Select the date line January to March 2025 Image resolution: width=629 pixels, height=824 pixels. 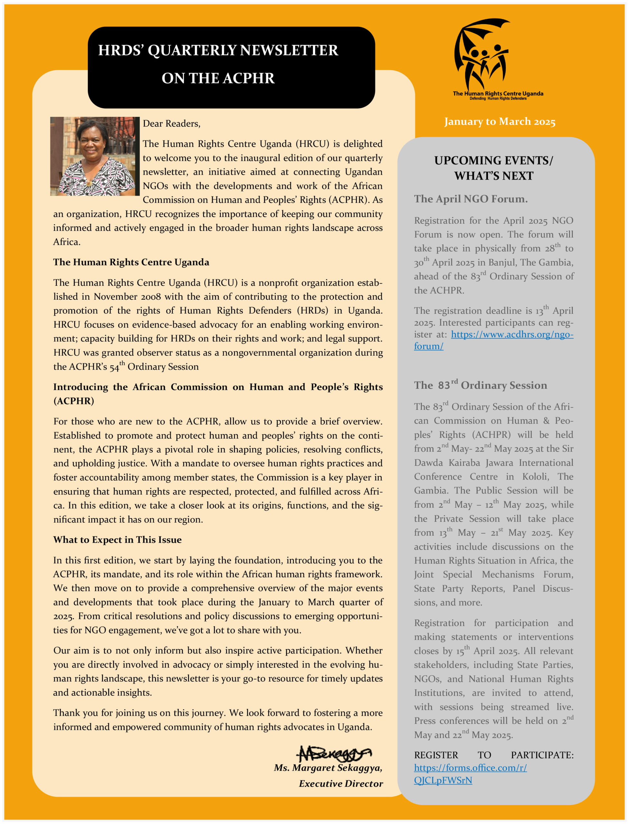499,121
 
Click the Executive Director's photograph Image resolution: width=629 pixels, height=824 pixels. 95,156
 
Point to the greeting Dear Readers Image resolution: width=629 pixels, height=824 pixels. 171,124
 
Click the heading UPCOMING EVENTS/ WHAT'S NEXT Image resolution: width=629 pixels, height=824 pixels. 494,168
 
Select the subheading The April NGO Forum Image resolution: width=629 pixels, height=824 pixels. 471,199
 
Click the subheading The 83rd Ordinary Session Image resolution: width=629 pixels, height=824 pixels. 480,385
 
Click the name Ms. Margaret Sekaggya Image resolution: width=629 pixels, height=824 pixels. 328,768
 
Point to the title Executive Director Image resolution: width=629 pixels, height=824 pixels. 341,783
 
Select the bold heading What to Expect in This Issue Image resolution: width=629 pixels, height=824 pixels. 117,540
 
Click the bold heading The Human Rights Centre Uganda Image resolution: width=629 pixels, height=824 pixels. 131,262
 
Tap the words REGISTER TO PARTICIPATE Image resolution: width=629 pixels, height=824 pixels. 494,755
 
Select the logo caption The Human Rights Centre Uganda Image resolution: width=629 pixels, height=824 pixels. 498,93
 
